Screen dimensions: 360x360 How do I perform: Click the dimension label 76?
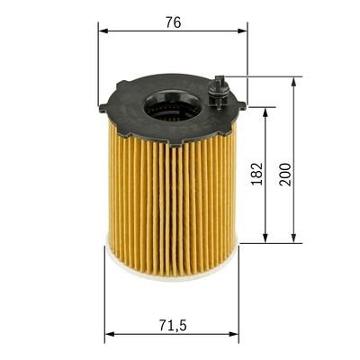point(173,22)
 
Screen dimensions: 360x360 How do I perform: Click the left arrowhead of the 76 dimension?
point(103,31)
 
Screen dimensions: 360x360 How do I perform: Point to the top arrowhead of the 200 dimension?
point(295,81)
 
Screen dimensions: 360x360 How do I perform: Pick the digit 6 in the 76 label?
point(177,22)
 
